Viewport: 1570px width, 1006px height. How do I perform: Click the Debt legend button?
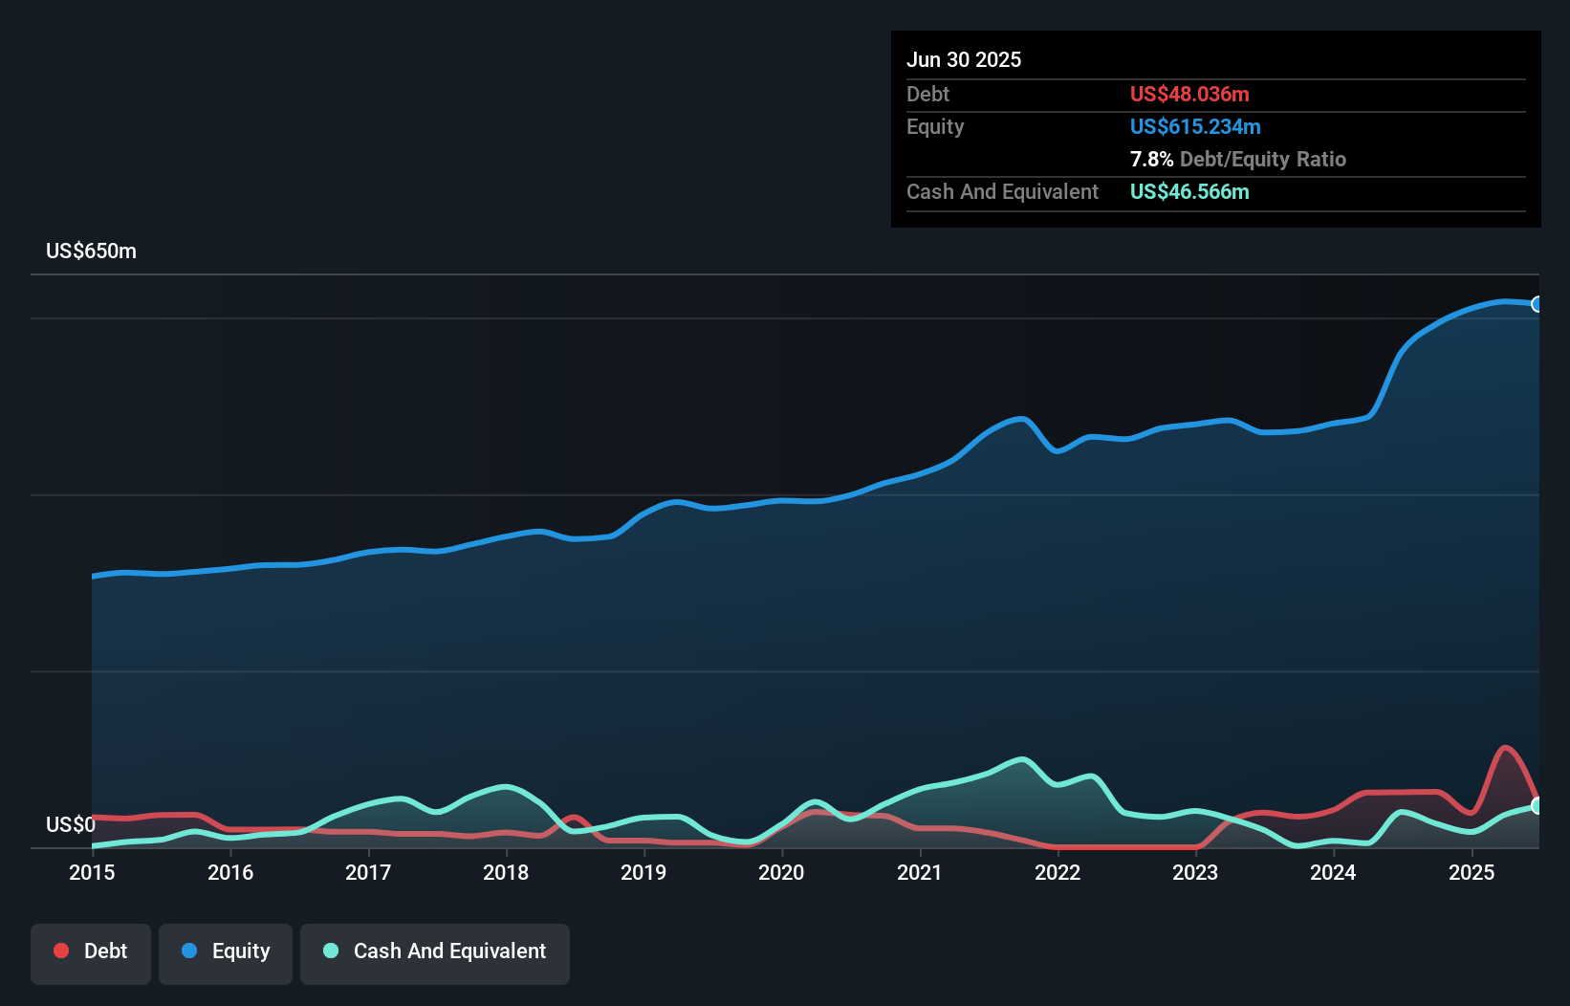(91, 951)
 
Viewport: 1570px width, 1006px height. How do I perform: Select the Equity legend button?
(226, 951)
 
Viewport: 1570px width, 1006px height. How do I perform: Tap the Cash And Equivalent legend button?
(435, 951)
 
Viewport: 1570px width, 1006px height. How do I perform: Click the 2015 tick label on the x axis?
(92, 872)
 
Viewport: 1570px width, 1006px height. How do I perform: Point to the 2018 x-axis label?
(506, 872)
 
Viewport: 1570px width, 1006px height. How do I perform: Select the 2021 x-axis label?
(920, 872)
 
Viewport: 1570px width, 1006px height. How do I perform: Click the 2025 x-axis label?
(1472, 872)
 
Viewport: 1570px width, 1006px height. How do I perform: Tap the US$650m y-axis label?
(91, 251)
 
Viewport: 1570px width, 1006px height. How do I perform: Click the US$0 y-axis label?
(71, 824)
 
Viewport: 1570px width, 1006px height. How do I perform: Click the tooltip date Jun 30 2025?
(964, 59)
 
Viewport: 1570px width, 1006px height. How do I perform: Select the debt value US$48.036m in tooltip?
(1189, 94)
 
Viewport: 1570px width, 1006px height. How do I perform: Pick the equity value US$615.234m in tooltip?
(1195, 126)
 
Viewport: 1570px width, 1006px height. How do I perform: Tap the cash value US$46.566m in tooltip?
(1189, 191)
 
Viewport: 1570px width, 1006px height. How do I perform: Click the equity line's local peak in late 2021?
(1022, 419)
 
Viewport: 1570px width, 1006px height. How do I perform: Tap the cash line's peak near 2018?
(506, 787)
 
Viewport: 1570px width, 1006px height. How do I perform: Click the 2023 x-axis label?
(1195, 872)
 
